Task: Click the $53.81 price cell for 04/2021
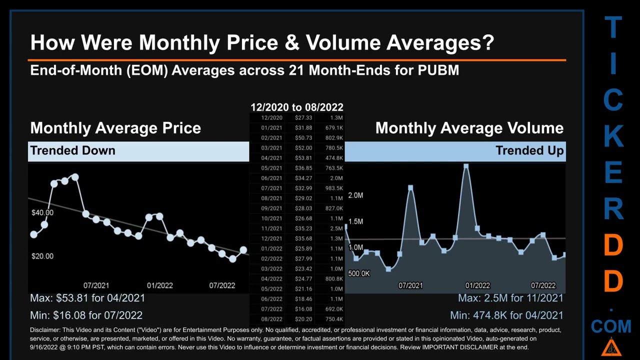point(303,158)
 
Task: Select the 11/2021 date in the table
point(271,228)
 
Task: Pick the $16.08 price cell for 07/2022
point(303,309)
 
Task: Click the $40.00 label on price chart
point(42,212)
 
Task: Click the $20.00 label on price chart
point(42,256)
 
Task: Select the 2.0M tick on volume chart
point(355,195)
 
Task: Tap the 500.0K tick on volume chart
point(359,273)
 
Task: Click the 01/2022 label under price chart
point(159,285)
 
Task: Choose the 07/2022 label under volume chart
point(543,285)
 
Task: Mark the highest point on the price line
point(75,177)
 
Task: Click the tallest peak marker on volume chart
point(466,166)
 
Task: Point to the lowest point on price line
point(232,258)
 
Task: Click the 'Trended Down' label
point(72,150)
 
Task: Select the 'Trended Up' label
point(529,150)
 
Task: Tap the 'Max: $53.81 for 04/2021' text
point(87,298)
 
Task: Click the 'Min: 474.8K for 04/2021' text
point(506,315)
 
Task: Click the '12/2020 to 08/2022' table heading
point(296,107)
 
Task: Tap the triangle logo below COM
point(611,347)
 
